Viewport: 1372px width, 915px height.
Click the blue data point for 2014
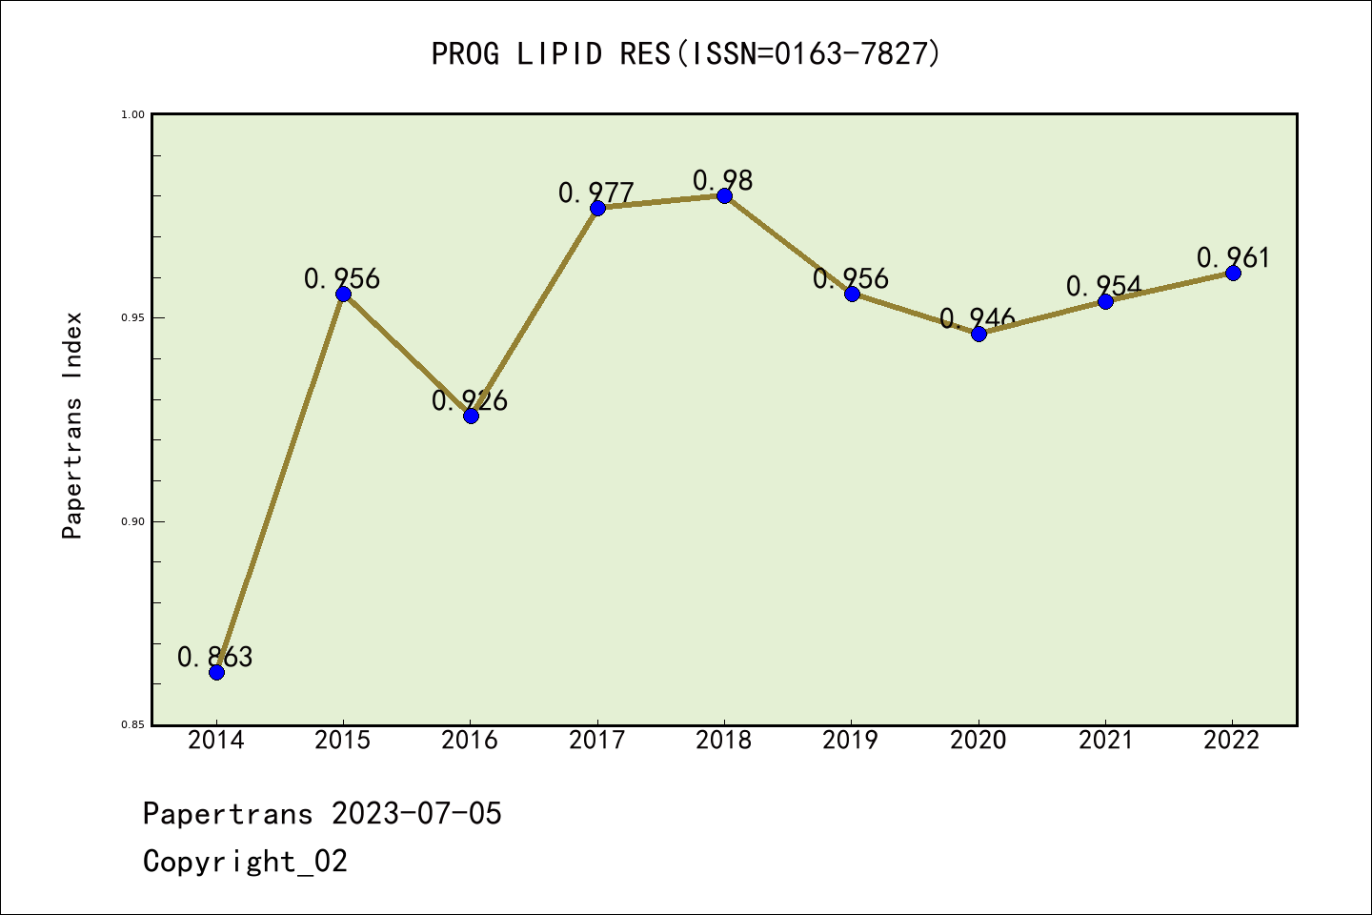pos(216,672)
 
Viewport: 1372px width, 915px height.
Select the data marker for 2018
pos(724,195)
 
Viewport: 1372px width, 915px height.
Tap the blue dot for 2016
pos(471,416)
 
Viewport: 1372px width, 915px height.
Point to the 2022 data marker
pos(1233,273)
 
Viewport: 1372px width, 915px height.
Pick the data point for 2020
pos(979,334)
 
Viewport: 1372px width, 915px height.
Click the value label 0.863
pos(215,657)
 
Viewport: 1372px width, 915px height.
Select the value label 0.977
pos(596,193)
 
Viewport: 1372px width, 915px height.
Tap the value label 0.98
pos(722,180)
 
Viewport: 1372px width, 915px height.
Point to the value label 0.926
pos(470,401)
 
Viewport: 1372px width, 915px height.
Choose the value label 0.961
pos(1233,258)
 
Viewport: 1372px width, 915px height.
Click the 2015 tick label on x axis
pos(343,741)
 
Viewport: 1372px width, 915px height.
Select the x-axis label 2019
pos(851,741)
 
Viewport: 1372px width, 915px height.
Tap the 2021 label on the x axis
pos(1105,741)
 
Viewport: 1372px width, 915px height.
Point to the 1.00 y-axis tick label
pos(132,114)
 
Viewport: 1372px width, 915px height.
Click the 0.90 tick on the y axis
pos(132,521)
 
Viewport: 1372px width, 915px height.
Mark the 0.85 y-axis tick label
pos(132,725)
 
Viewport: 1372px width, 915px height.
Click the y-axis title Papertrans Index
pos(72,425)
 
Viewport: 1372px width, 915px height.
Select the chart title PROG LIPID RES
pos(686,53)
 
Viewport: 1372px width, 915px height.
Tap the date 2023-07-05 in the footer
pos(416,814)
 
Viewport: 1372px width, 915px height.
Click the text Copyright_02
pos(245,862)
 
